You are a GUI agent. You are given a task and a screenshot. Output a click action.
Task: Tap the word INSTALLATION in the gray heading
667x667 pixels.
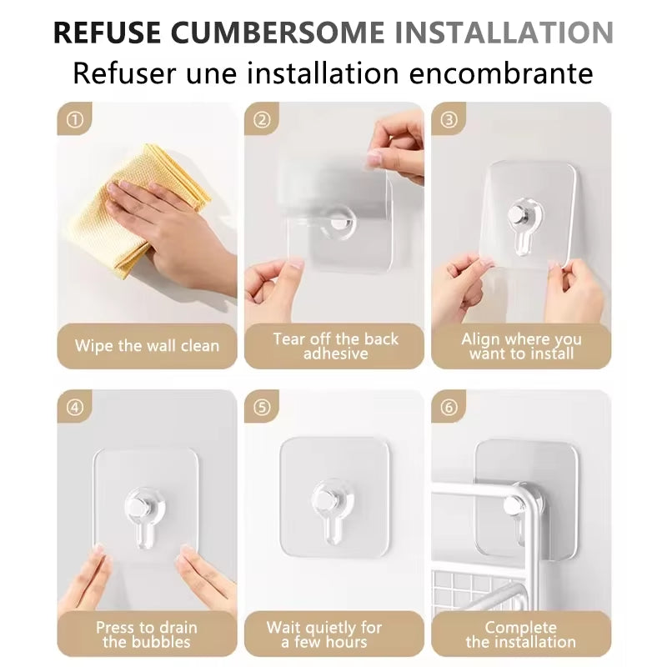pyautogui.click(x=504, y=33)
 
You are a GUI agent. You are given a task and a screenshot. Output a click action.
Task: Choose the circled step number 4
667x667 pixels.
pyautogui.click(x=75, y=408)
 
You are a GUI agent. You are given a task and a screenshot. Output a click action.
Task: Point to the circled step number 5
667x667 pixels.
pyautogui.click(x=262, y=408)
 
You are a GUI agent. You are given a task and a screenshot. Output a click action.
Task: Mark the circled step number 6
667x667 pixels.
pyautogui.click(x=449, y=408)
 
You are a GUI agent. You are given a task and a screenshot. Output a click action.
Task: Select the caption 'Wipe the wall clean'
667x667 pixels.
pyautogui.click(x=147, y=346)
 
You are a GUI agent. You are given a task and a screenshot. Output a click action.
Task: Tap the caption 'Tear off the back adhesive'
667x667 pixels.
pyautogui.click(x=335, y=346)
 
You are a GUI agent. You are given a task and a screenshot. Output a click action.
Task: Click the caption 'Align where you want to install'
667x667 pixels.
pyautogui.click(x=521, y=346)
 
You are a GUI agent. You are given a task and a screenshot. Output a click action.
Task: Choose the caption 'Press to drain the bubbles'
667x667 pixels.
pyautogui.click(x=147, y=634)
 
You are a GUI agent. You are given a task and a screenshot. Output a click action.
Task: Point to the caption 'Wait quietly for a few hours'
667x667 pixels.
pyautogui.click(x=324, y=634)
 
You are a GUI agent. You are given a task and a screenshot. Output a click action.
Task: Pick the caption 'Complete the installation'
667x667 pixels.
pyautogui.click(x=521, y=634)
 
